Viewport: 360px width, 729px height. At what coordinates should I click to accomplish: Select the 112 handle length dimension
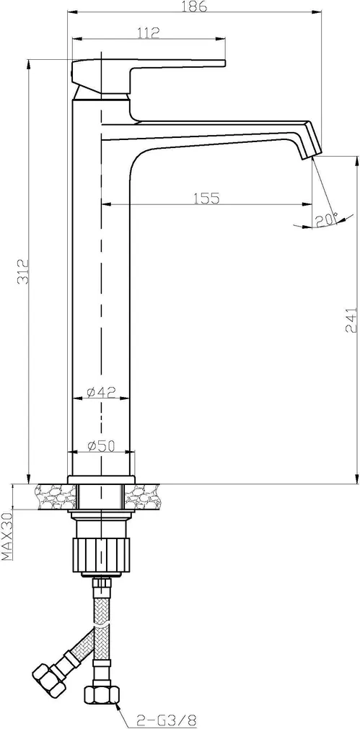pyautogui.click(x=149, y=32)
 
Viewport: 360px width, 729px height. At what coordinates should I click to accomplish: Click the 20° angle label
pyautogui.click(x=325, y=218)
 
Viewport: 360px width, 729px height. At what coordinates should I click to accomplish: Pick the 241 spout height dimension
pyautogui.click(x=353, y=320)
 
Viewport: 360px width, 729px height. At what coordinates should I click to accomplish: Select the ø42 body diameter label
pyautogui.click(x=101, y=392)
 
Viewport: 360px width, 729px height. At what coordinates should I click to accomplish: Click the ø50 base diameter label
pyautogui.click(x=101, y=446)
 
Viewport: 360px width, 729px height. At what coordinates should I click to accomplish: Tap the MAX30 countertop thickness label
pyautogui.click(x=8, y=536)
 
